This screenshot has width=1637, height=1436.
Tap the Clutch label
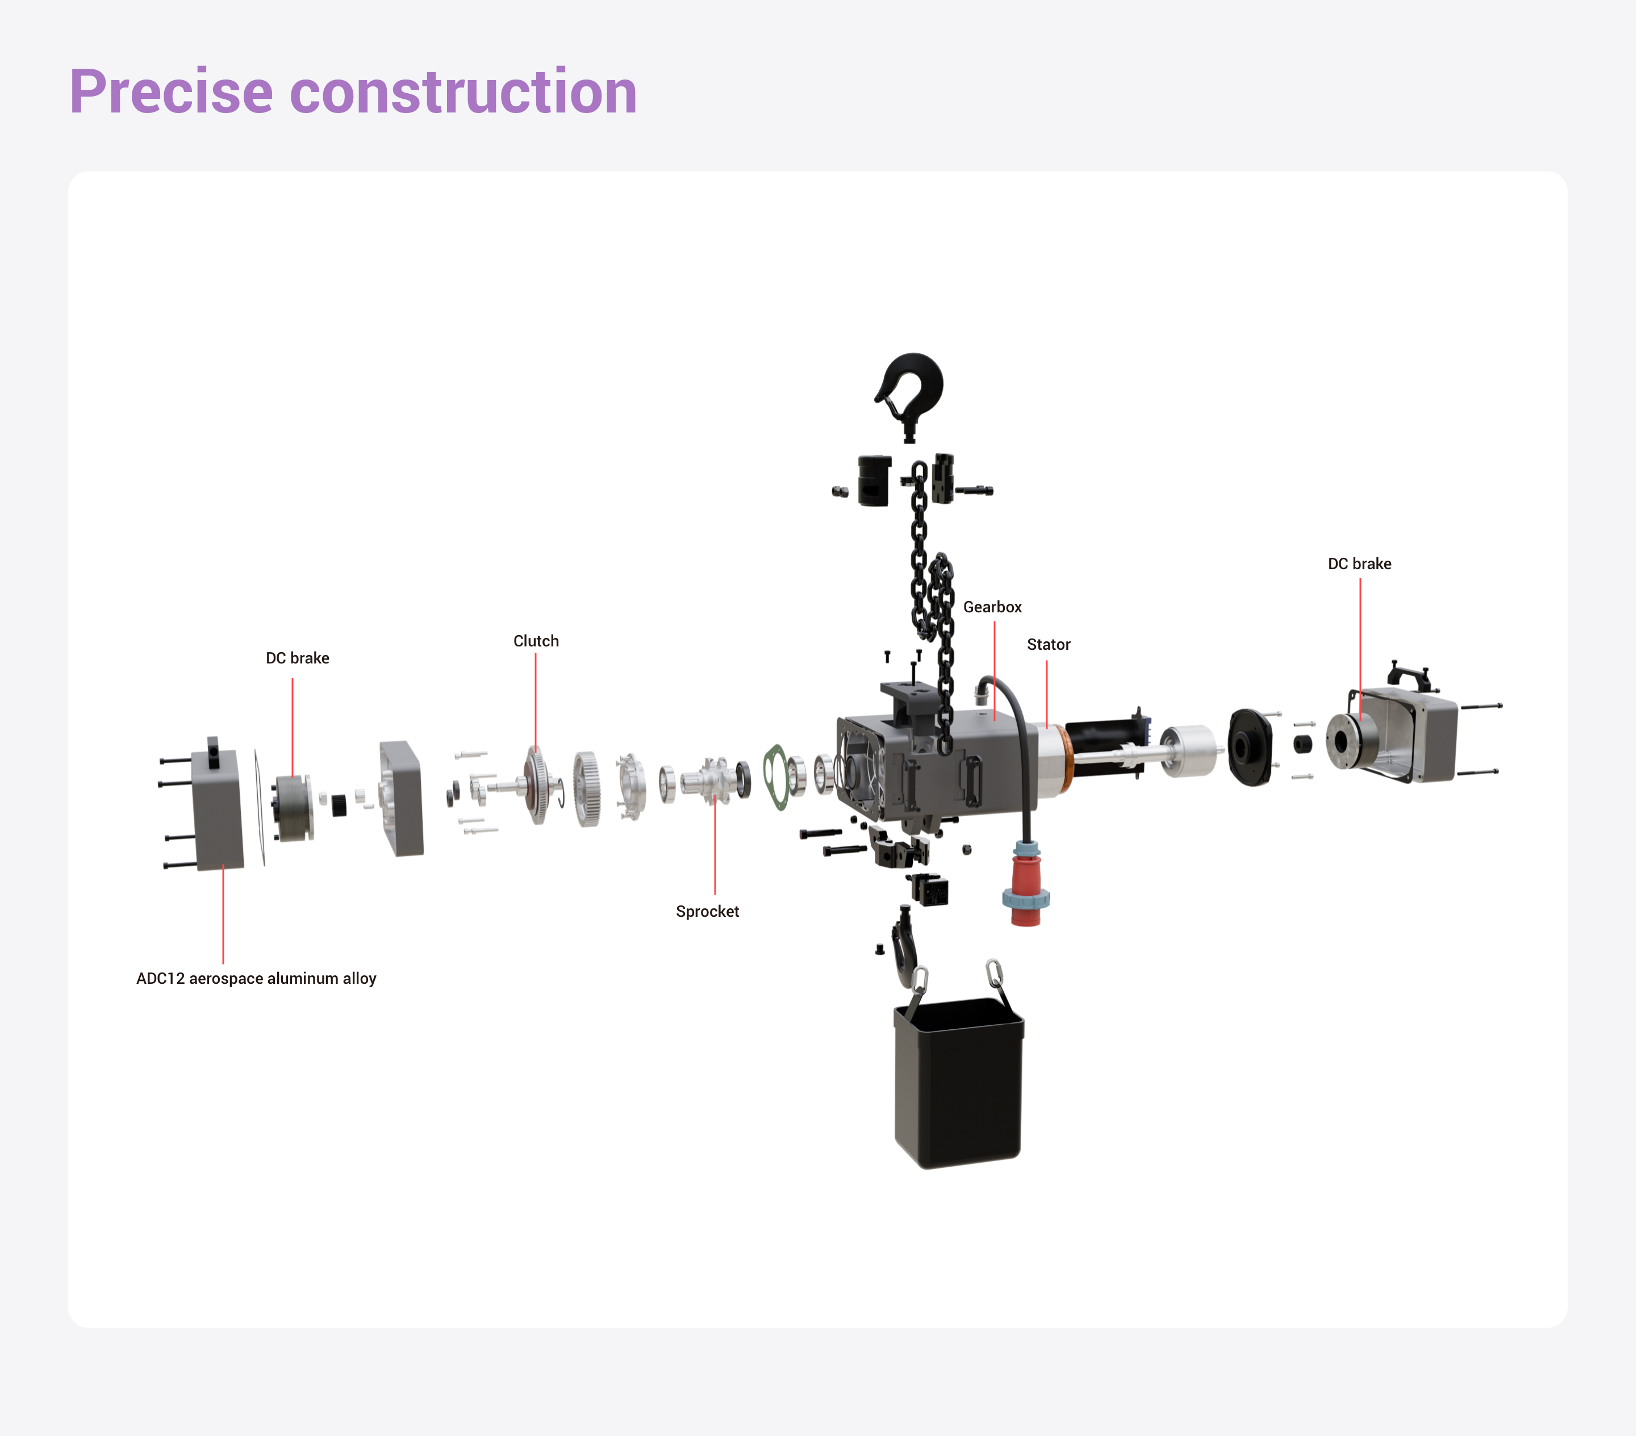pyautogui.click(x=536, y=641)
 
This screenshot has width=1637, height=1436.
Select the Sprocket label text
pyautogui.click(x=707, y=911)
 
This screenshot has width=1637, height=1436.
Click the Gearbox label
pyautogui.click(x=992, y=607)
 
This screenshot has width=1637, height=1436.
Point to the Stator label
pyautogui.click(x=1049, y=645)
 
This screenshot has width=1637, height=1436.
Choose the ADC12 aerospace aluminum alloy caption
pyautogui.click(x=256, y=979)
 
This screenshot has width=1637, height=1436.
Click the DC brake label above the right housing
pyautogui.click(x=1359, y=564)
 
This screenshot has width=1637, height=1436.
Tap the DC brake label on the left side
pyautogui.click(x=297, y=658)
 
